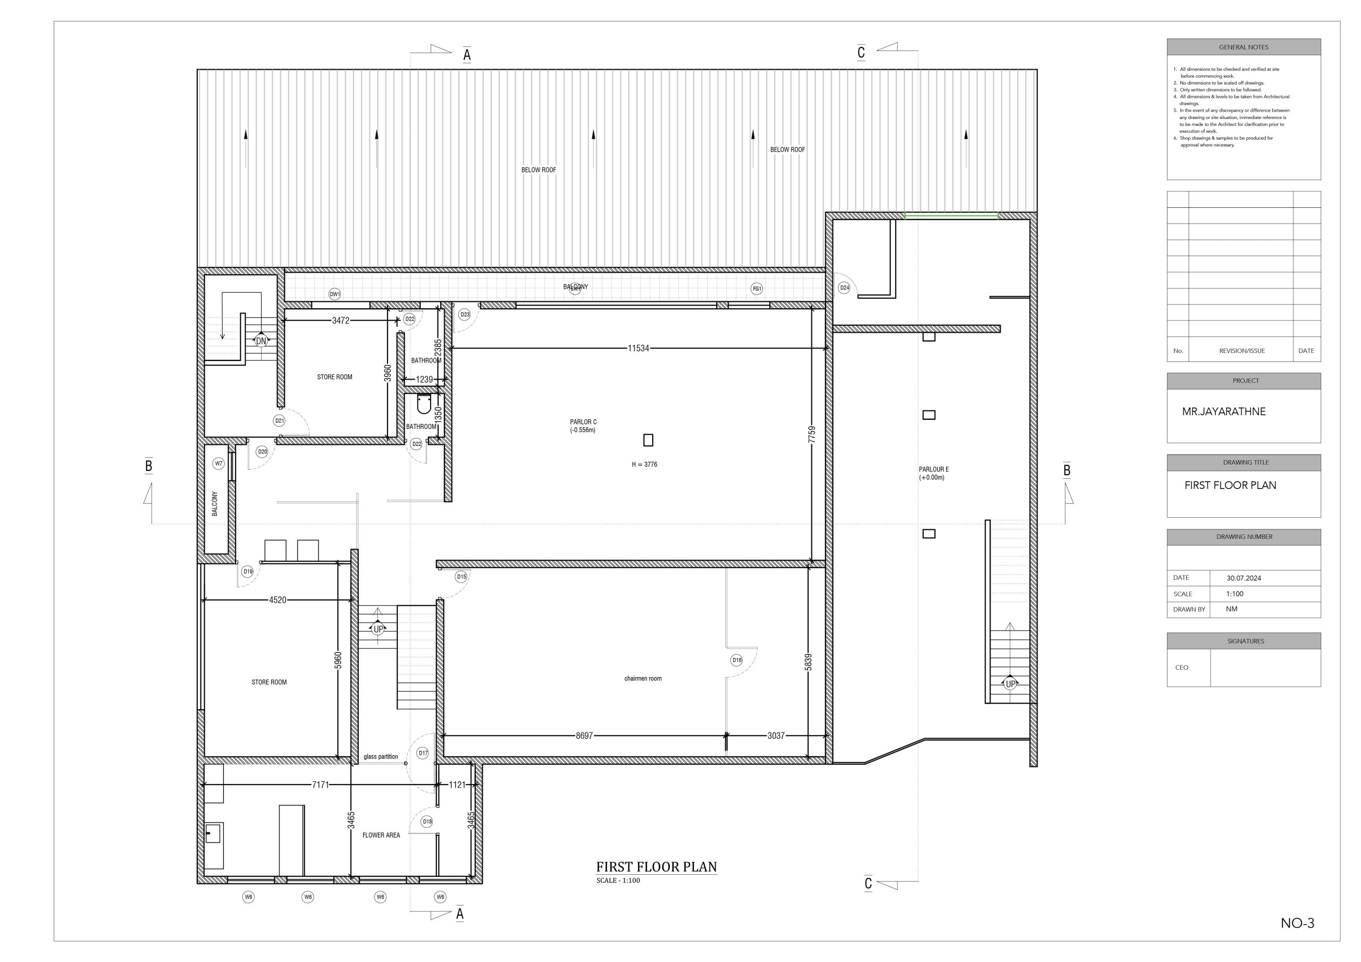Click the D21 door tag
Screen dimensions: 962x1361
[x=279, y=421]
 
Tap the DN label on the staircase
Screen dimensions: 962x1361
[x=261, y=341]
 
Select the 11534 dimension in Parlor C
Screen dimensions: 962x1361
[x=639, y=349]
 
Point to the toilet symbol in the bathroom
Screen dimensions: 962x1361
[x=424, y=404]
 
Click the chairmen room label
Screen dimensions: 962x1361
[x=643, y=679]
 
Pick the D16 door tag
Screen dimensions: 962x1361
[x=736, y=660]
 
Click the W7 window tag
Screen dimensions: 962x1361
[x=219, y=463]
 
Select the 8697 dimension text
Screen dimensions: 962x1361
[x=584, y=736]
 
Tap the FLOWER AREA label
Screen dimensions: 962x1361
[x=381, y=835]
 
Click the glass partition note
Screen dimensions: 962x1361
[x=381, y=757]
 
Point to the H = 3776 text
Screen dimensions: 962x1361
[x=644, y=465]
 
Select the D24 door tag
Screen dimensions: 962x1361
[x=844, y=288]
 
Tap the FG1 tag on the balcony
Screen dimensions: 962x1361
[x=757, y=289]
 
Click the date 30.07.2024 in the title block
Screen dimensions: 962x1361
[x=1244, y=578]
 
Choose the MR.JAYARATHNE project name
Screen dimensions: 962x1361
[x=1223, y=411]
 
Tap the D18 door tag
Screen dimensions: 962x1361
[x=427, y=822]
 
